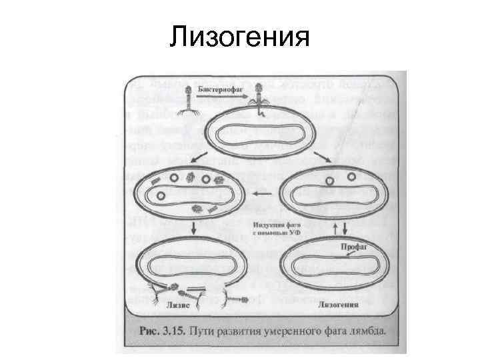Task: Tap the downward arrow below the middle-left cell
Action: (x=193, y=227)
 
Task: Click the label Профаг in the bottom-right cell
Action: (x=353, y=245)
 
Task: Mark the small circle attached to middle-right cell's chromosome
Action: (x=329, y=181)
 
